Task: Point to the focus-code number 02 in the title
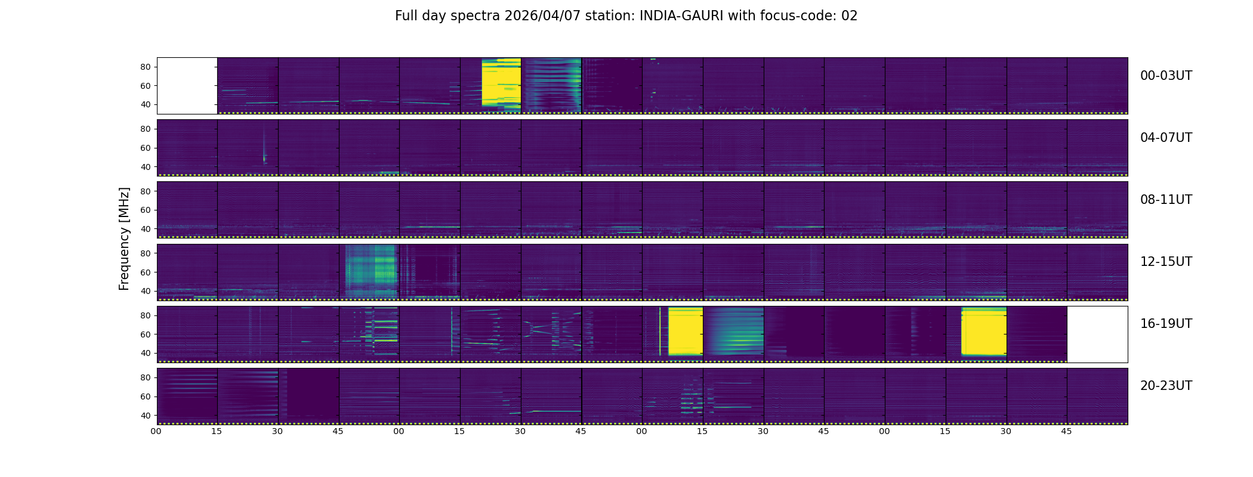849,16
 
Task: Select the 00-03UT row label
1166,76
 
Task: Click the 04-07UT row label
1166,138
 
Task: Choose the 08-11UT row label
1166,200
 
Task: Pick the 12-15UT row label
1166,262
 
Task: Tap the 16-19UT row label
1166,324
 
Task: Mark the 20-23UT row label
1166,386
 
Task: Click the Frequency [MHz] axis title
124,239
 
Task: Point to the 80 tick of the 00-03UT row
145,67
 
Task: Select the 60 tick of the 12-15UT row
145,272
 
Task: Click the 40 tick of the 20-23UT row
145,416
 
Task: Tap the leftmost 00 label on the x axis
156,432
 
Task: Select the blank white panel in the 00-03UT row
187,86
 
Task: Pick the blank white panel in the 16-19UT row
1097,334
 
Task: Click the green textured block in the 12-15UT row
371,271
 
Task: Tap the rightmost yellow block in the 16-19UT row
984,332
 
